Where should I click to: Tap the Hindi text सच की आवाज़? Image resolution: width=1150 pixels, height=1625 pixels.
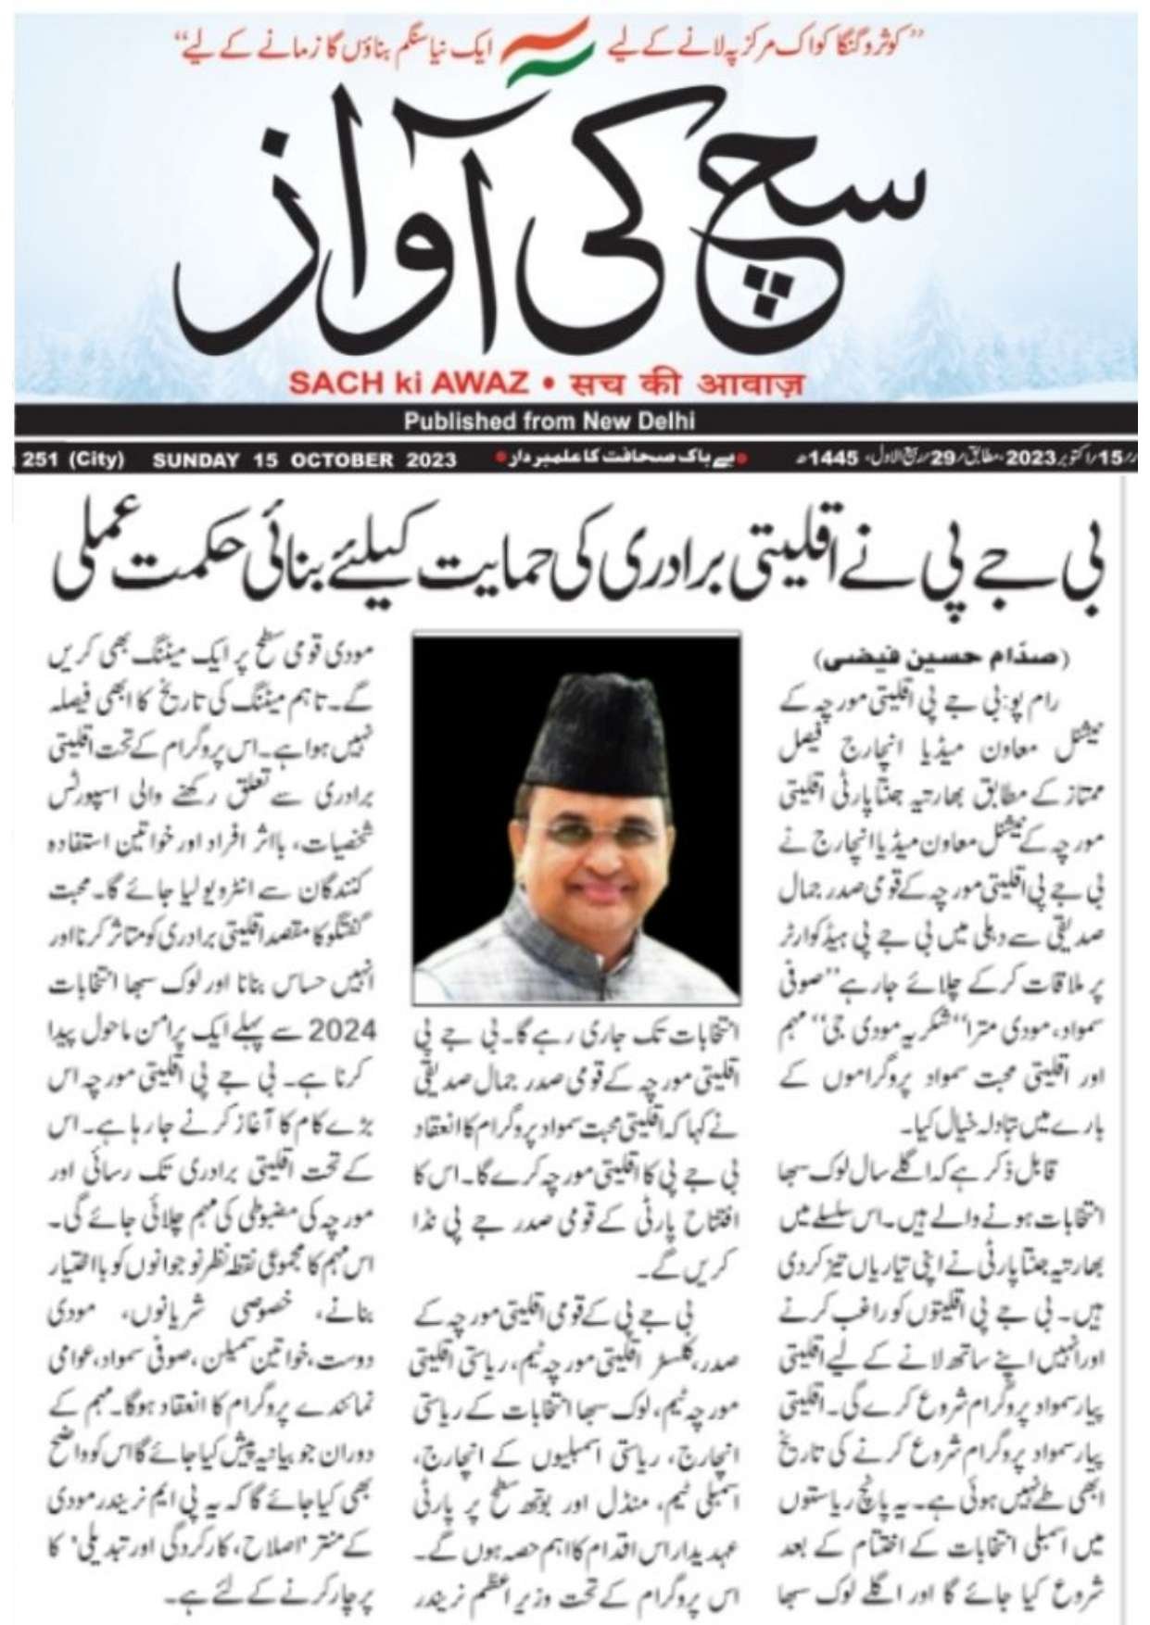(685, 383)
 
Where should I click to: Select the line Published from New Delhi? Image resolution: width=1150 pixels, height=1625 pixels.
(549, 422)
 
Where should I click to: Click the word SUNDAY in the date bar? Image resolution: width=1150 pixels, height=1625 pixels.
(196, 460)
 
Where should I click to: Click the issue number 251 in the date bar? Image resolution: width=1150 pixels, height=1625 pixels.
(41, 460)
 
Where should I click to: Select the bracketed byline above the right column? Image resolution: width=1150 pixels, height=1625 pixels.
(942, 659)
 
